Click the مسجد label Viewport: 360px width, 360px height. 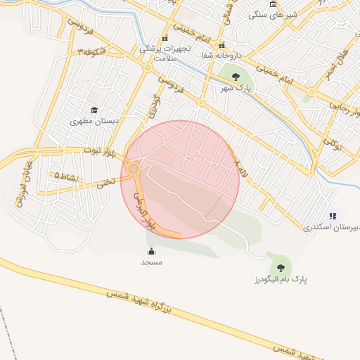coord(151,262)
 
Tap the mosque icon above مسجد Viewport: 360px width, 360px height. coord(151,251)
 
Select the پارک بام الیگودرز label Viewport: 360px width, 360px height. coord(278,279)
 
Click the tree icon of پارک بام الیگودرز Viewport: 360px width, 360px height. coord(281,267)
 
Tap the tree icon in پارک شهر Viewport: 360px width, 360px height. coord(235,76)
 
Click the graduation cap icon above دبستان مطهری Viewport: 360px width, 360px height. coord(94,110)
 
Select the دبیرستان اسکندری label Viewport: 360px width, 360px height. coord(331,228)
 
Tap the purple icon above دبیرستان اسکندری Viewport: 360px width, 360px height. coord(333,217)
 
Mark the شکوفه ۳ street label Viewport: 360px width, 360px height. coord(93,51)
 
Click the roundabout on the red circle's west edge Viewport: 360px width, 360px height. coord(134,168)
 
